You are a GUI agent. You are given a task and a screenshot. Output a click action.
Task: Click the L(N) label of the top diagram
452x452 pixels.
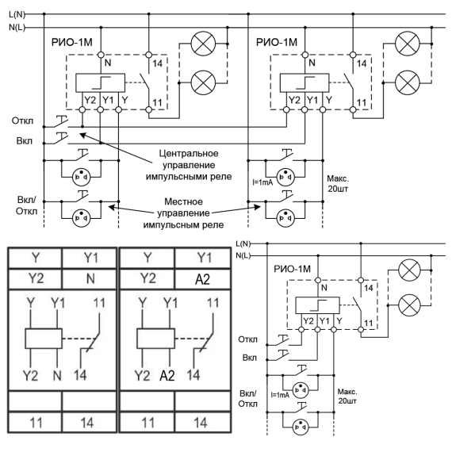pyautogui.click(x=17, y=14)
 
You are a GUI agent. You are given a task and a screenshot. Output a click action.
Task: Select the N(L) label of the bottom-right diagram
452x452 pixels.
pyautogui.click(x=243, y=255)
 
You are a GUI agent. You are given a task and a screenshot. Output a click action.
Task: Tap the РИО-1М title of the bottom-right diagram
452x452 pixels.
pyautogui.click(x=292, y=269)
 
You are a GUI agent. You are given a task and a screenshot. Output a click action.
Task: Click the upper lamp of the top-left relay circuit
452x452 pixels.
pyautogui.click(x=203, y=44)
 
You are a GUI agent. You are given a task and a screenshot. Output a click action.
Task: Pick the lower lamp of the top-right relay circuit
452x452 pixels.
pyautogui.click(x=408, y=82)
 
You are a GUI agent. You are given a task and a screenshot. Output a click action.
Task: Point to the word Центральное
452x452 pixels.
pyautogui.click(x=189, y=153)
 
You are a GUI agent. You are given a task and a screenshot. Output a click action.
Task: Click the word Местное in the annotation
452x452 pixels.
pyautogui.click(x=184, y=201)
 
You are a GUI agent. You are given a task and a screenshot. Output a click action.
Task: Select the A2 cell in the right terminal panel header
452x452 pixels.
pyautogui.click(x=202, y=279)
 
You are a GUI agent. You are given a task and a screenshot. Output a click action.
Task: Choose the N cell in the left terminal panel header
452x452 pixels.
pyautogui.click(x=90, y=279)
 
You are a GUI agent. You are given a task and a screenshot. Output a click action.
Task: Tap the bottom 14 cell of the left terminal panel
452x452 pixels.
pyautogui.click(x=87, y=423)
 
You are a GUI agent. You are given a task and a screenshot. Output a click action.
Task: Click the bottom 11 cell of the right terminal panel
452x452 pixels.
pyautogui.click(x=147, y=423)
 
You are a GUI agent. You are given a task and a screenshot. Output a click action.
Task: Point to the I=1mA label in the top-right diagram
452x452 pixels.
pyautogui.click(x=262, y=182)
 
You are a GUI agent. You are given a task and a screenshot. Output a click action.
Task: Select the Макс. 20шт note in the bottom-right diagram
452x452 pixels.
pyautogui.click(x=347, y=396)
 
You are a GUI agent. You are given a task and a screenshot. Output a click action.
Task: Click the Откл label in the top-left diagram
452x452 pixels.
pyautogui.click(x=22, y=121)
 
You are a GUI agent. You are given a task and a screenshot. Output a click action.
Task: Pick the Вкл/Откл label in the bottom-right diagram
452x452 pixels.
pyautogui.click(x=248, y=399)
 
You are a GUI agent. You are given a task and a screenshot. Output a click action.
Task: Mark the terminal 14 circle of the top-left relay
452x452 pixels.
pyautogui.click(x=149, y=55)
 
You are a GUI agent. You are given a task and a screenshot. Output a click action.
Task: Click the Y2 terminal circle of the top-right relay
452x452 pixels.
pyautogui.click(x=286, y=109)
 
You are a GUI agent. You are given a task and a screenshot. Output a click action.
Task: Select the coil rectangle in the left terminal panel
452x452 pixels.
pyautogui.click(x=44, y=339)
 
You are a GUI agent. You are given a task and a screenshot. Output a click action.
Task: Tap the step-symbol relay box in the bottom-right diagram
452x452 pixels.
pyautogui.click(x=317, y=305)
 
